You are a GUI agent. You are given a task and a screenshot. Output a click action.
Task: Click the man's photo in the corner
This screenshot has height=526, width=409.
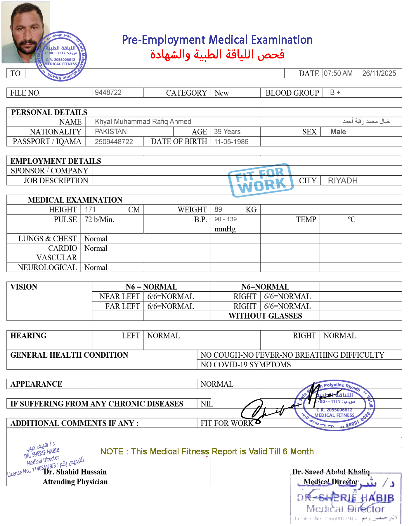[x=26, y=32]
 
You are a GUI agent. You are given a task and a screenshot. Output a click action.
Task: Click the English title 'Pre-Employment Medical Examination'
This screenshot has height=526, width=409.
[x=217, y=40]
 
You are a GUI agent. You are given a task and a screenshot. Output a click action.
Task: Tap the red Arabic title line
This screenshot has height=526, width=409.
[x=217, y=55]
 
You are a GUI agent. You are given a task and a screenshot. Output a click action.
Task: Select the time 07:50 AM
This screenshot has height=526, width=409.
[x=338, y=73]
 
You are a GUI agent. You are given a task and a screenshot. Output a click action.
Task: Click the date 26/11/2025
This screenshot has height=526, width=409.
[x=379, y=73]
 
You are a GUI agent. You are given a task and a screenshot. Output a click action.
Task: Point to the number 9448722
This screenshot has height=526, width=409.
[x=108, y=92]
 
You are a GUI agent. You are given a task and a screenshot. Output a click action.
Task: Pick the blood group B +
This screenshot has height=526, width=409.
[x=335, y=92]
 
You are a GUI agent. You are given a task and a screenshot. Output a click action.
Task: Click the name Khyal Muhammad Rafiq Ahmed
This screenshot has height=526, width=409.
[x=143, y=122]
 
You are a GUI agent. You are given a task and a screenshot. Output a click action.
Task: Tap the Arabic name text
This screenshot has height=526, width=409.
[x=366, y=121]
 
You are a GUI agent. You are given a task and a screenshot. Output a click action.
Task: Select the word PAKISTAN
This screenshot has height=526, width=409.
[x=111, y=131]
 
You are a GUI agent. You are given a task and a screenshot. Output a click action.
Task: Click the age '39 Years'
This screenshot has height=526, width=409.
[x=227, y=131]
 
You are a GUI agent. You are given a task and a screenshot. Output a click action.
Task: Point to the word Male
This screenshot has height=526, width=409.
[x=338, y=132]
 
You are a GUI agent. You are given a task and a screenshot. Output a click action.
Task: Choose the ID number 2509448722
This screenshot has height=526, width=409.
[x=114, y=142]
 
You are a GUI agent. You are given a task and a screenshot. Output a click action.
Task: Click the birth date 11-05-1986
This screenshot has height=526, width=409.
[x=231, y=142]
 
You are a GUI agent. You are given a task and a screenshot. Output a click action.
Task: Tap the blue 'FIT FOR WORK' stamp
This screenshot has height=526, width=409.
[x=261, y=180]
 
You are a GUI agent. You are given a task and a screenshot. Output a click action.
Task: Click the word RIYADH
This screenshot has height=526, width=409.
[x=343, y=181]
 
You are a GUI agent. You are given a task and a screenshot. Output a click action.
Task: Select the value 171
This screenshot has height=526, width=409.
[x=90, y=209]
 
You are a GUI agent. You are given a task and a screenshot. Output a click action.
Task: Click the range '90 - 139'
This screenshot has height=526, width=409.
[x=226, y=219]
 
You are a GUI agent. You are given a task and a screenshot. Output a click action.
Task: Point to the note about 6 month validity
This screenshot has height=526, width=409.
[x=207, y=451]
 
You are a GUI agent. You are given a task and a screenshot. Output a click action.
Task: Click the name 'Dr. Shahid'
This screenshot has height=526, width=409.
[x=61, y=472]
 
